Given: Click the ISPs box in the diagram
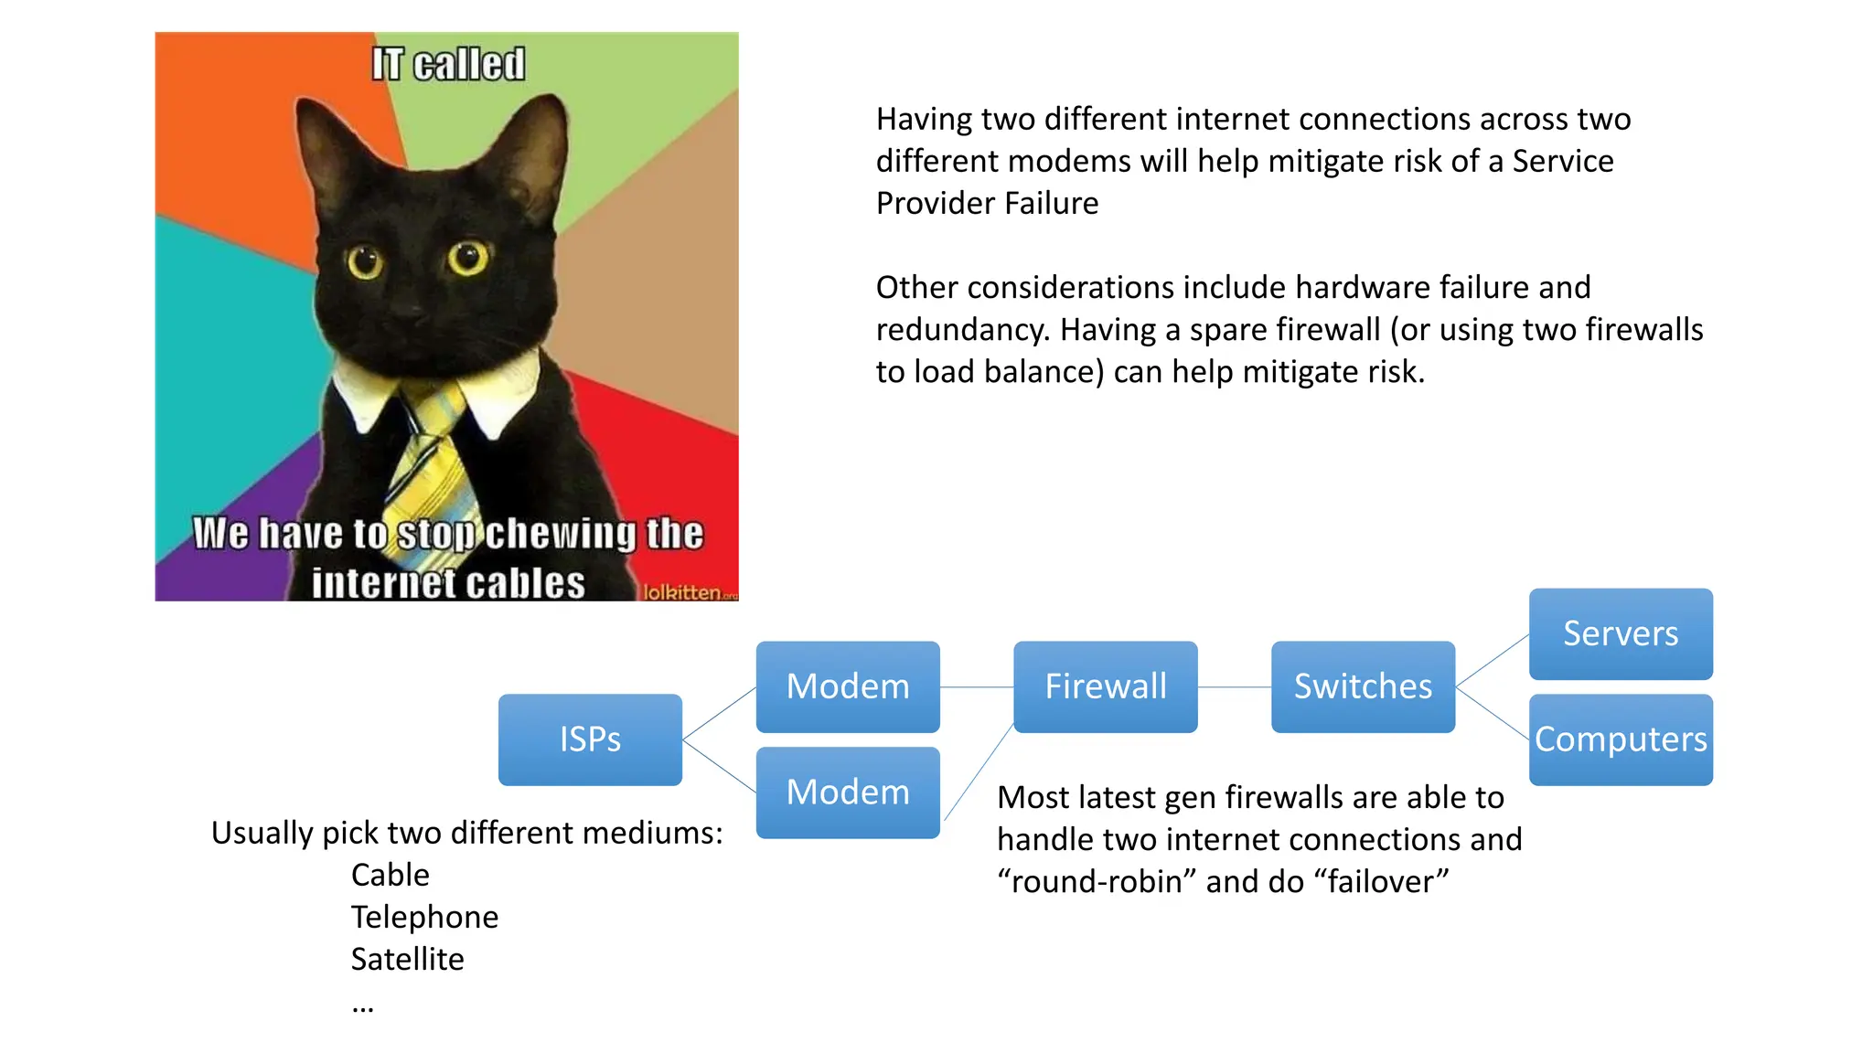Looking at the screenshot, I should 590,739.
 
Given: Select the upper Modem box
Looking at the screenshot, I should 848,686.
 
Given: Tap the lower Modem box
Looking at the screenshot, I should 848,792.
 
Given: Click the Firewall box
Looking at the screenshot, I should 1105,686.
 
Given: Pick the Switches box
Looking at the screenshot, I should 1363,686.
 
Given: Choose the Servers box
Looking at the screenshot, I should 1621,633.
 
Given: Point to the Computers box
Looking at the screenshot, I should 1621,739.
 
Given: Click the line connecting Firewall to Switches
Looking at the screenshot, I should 1235,687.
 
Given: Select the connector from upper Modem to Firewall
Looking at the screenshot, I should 977,687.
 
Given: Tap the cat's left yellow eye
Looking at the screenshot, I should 365,262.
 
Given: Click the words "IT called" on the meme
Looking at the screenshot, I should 448,64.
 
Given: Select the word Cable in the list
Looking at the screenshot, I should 391,876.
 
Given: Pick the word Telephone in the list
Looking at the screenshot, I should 425,918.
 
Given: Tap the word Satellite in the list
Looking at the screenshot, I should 408,960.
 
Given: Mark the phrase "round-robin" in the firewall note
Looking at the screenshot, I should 1097,882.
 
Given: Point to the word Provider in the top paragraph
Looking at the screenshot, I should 934,203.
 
